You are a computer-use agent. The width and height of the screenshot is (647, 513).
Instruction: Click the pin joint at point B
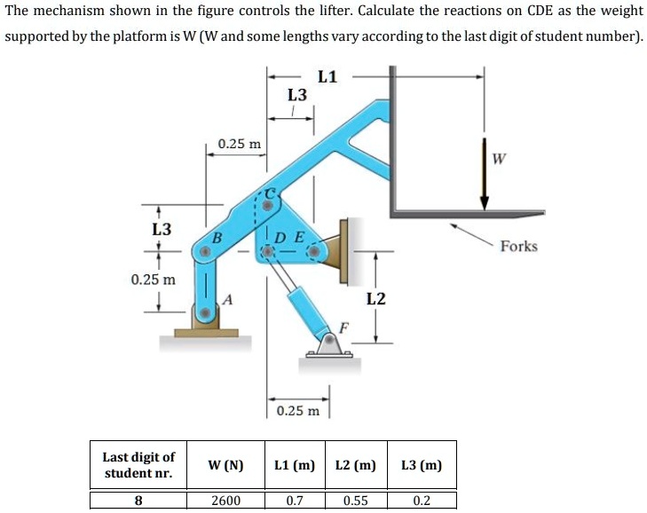click(206, 253)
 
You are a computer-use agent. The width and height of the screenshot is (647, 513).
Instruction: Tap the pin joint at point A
click(206, 312)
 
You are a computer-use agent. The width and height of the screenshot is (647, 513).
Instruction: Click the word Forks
click(518, 246)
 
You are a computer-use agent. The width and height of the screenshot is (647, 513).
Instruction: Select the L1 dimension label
click(327, 76)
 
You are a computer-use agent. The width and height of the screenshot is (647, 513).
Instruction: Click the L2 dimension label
click(376, 298)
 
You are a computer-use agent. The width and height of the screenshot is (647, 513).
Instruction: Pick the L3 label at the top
click(298, 94)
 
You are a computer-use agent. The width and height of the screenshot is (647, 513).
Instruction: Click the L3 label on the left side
click(161, 229)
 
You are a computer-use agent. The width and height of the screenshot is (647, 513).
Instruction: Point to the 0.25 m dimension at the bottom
click(298, 412)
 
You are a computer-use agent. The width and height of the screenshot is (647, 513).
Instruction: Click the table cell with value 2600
click(225, 500)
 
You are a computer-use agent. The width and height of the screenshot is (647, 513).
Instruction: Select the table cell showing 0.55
click(355, 500)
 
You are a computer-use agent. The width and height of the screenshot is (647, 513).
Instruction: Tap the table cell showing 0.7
click(295, 500)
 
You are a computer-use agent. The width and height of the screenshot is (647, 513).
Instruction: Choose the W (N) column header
click(225, 465)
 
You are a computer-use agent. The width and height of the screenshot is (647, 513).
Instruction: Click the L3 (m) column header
click(422, 465)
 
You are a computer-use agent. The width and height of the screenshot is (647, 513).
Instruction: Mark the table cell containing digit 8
click(138, 500)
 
